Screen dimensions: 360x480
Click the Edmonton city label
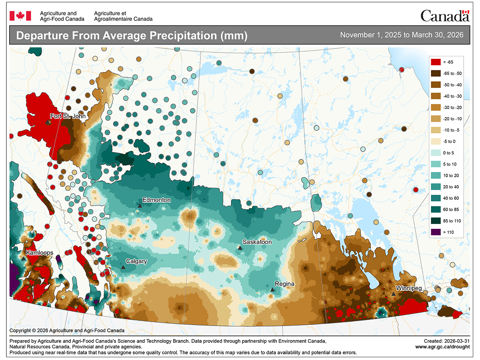pos(157,200)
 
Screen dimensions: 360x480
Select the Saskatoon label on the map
pos(257,242)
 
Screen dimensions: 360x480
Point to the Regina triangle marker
pos(272,289)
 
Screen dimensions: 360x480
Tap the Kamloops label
pos(40,253)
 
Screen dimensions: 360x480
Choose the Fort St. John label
pos(68,116)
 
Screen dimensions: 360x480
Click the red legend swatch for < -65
pos(436,62)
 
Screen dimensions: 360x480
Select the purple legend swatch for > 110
pos(436,232)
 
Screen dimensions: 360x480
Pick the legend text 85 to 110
pos(452,221)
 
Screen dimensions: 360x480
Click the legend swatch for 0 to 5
pos(436,153)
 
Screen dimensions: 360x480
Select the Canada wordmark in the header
pos(444,16)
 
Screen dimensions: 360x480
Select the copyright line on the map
pos(67,330)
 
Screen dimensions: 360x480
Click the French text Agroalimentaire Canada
pos(123,19)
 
